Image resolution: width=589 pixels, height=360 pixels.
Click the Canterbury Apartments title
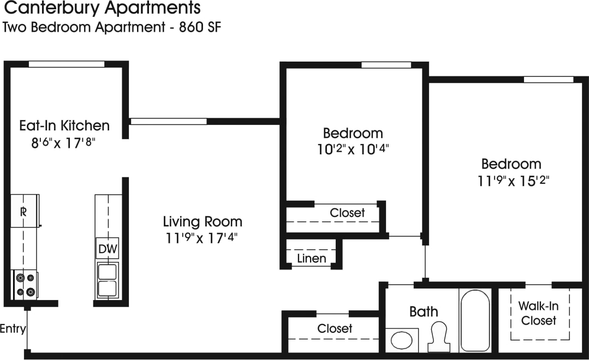click(102, 8)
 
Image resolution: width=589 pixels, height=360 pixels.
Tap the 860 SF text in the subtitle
click(200, 27)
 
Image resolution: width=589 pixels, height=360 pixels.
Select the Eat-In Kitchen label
click(64, 126)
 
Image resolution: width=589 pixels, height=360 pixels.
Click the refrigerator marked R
click(23, 212)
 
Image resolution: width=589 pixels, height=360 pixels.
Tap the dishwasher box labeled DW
click(108, 249)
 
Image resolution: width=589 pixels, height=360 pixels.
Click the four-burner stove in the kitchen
click(25, 284)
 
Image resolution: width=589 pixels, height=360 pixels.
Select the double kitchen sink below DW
click(108, 280)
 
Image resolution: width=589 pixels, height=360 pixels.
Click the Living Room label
click(203, 222)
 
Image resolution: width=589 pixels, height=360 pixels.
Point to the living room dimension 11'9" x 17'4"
click(203, 238)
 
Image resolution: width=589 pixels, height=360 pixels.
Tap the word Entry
click(13, 329)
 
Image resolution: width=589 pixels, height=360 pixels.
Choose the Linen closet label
click(312, 258)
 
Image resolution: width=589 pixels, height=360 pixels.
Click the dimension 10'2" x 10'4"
click(353, 149)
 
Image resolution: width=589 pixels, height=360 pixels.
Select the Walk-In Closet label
click(538, 314)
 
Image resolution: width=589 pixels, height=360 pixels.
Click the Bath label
click(424, 312)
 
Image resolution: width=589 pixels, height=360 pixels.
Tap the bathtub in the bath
click(475, 320)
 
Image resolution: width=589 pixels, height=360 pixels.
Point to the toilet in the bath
click(439, 336)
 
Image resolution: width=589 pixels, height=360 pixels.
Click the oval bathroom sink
click(402, 340)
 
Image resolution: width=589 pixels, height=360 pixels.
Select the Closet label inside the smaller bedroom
click(347, 213)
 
